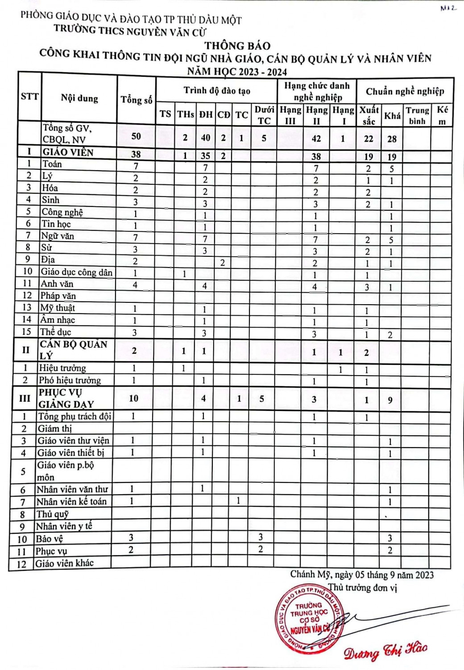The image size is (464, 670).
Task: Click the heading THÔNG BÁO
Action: click(237, 46)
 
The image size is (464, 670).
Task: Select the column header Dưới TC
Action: click(264, 115)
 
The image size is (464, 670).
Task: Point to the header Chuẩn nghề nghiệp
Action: click(405, 92)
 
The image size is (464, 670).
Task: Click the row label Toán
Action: click(52, 164)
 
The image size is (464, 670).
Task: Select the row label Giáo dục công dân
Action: click(77, 272)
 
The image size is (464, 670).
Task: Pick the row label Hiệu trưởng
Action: click(62, 368)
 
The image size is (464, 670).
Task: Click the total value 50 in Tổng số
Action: click(136, 136)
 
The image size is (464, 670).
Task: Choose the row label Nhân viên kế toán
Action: click(71, 502)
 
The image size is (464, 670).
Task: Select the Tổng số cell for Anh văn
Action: click(135, 285)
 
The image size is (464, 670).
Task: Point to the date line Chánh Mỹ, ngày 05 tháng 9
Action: click(362, 574)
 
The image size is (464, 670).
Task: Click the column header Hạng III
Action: click(290, 115)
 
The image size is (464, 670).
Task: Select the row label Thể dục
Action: click(56, 332)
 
